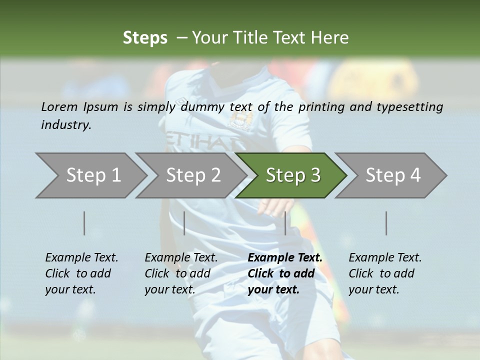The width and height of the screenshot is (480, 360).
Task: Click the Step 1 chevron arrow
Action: coord(93,175)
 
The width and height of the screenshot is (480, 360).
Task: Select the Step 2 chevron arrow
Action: coord(193,175)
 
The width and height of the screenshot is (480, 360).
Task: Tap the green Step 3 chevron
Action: coord(293,175)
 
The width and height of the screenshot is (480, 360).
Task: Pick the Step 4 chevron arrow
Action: coord(393,175)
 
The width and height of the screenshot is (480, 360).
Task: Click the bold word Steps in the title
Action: coord(145,37)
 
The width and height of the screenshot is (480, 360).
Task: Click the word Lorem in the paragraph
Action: coord(59,106)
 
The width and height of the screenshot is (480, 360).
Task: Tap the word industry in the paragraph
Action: coord(66,125)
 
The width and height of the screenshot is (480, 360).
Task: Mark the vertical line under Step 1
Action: coord(84,223)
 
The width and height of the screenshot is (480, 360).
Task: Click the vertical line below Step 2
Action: coord(184,223)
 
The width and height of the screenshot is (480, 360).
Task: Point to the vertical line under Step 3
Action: coord(285,223)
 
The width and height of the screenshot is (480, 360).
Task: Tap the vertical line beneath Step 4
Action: coord(386,223)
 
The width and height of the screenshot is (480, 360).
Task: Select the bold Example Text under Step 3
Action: coord(285,258)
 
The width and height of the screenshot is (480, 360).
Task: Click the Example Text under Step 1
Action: coord(81,258)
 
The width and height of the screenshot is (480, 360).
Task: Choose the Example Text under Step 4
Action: coord(385,258)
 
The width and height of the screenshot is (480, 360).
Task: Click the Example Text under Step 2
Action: coord(181,258)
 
